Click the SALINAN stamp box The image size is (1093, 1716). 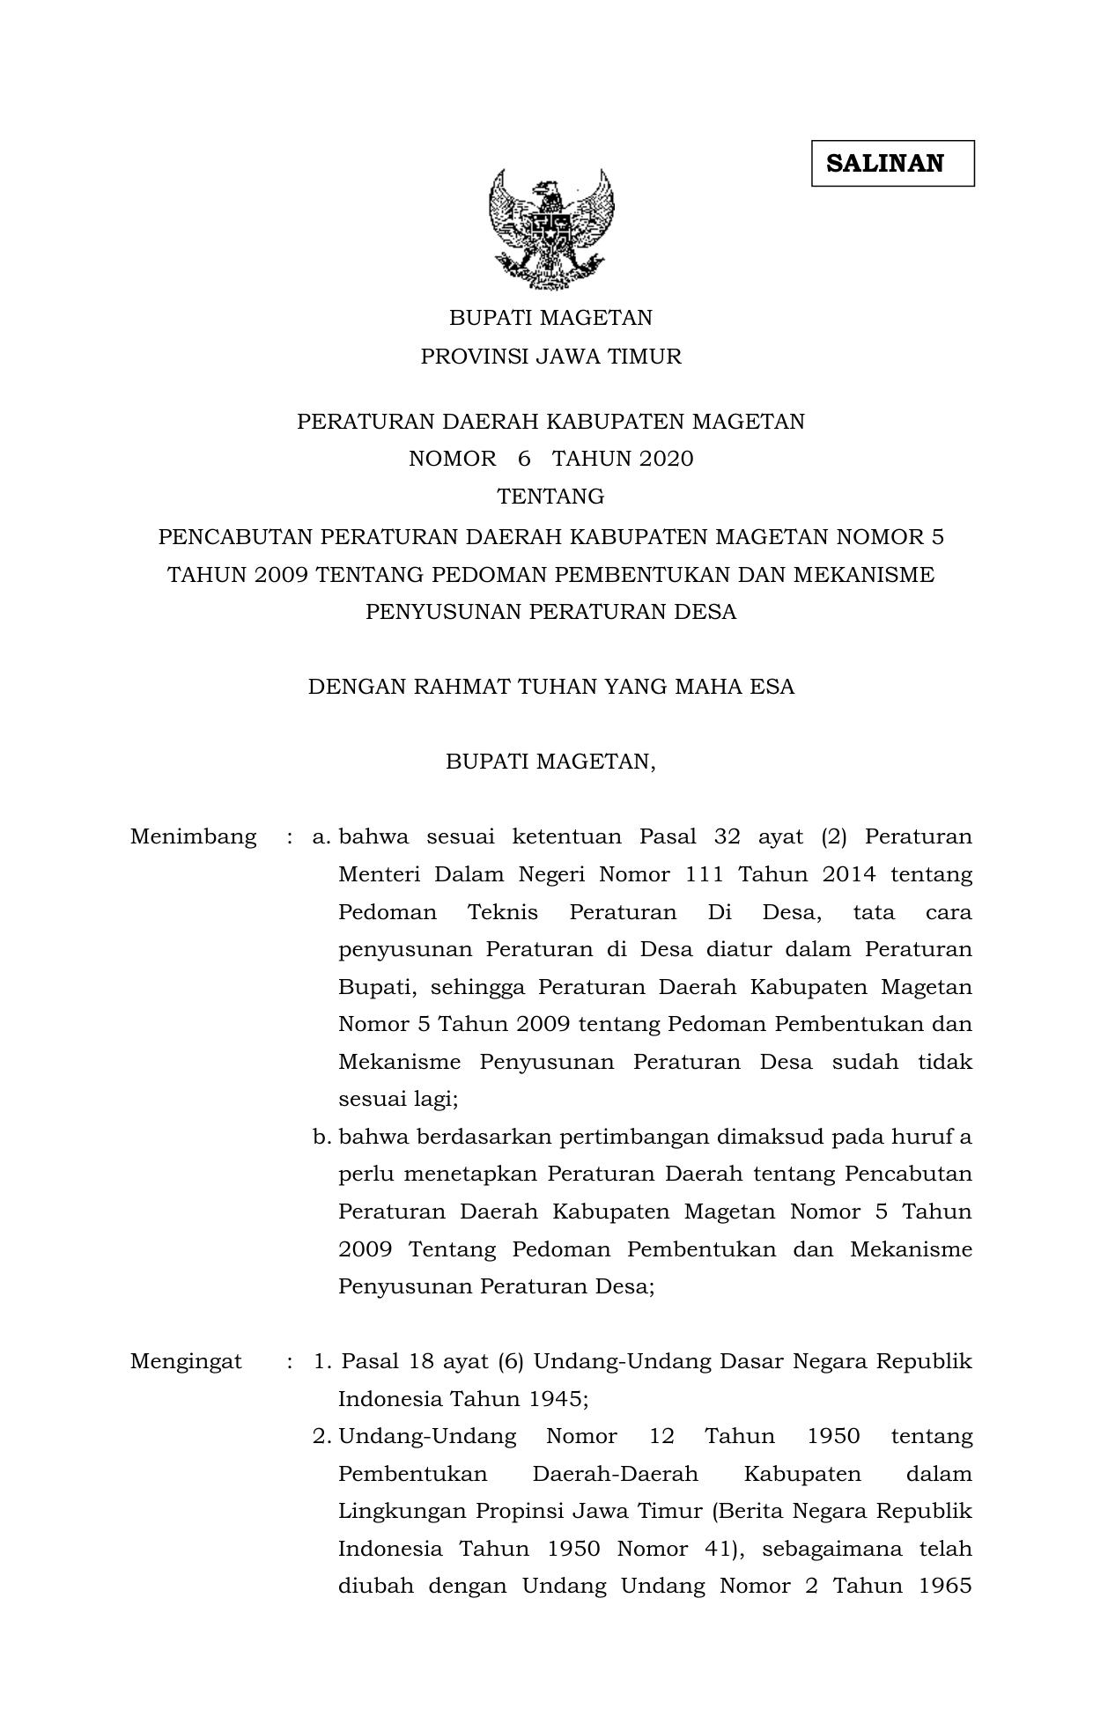tap(892, 164)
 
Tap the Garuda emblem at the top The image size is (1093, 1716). tap(551, 228)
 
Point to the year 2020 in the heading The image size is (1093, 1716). tap(667, 459)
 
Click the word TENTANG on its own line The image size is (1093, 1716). tap(550, 497)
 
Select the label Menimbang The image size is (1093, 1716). tap(193, 836)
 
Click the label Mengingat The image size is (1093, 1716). tap(186, 1361)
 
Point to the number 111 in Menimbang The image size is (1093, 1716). tap(704, 874)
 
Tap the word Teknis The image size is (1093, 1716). tap(502, 912)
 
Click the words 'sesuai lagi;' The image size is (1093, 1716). tap(398, 1099)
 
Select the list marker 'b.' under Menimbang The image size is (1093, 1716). tap(321, 1137)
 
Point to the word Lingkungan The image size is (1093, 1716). tap(402, 1511)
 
